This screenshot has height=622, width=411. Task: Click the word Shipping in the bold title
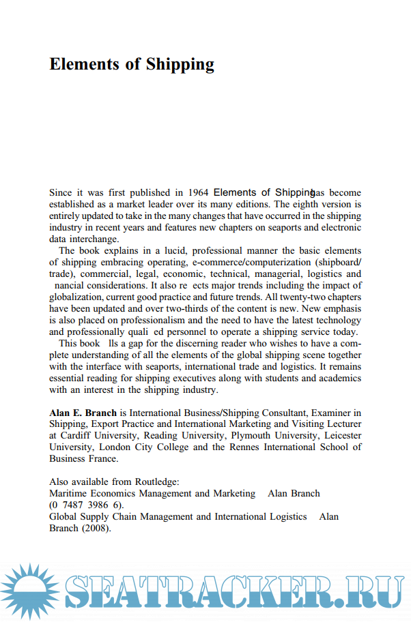tap(179, 65)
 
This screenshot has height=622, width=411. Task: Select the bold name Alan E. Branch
tap(83, 413)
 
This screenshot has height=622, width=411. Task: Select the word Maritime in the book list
tap(70, 493)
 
